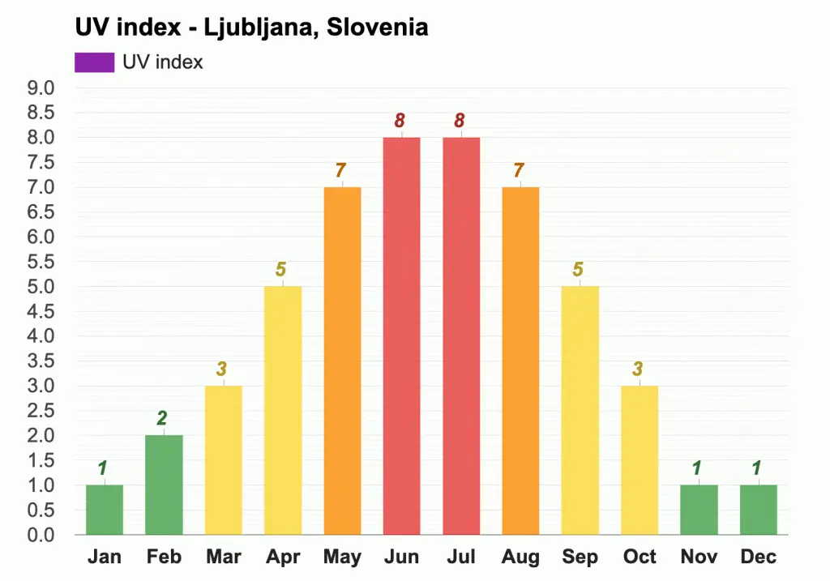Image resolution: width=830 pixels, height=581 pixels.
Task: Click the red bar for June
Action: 401,335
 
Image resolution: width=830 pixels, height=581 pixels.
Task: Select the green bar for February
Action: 164,485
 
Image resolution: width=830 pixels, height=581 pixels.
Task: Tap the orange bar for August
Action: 520,361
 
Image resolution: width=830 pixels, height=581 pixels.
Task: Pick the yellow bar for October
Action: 640,459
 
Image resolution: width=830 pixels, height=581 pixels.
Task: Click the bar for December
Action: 759,510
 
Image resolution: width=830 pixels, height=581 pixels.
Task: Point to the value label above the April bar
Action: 282,270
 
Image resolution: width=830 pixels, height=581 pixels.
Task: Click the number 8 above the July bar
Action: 460,121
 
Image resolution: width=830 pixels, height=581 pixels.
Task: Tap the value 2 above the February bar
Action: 163,419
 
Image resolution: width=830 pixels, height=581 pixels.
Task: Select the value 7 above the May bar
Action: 341,171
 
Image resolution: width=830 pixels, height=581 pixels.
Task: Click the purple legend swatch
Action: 94,62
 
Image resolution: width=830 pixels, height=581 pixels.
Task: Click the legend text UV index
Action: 163,62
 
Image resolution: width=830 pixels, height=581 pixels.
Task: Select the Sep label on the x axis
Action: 580,557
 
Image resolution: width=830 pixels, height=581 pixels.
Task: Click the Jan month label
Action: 104,557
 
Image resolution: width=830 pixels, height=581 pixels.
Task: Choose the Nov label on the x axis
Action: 699,557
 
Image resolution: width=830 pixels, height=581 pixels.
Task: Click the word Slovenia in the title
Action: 377,28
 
